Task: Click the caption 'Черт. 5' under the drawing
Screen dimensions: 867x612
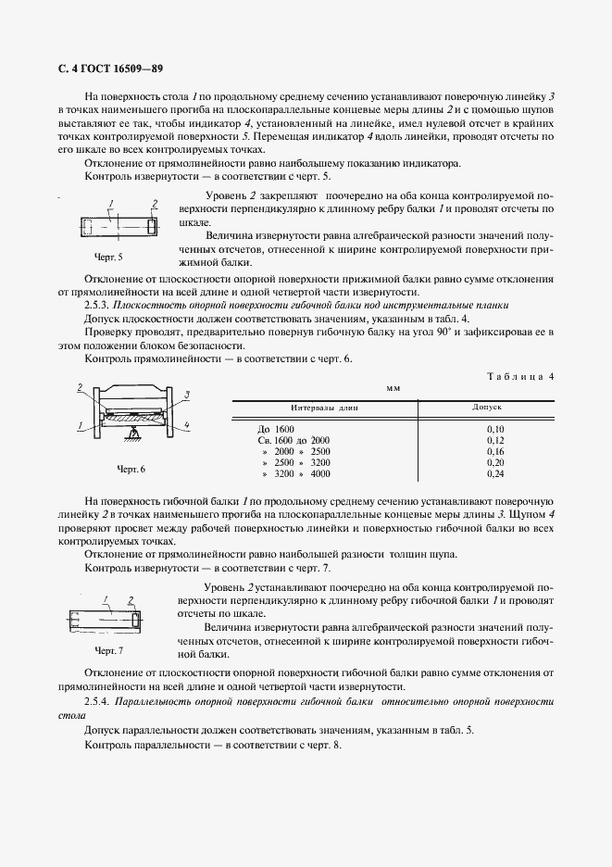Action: pyautogui.click(x=108, y=256)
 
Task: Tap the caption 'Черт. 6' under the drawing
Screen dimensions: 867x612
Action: pyautogui.click(x=131, y=470)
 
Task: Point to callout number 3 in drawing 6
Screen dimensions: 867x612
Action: pyautogui.click(x=187, y=394)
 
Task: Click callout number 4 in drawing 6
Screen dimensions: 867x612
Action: pyautogui.click(x=188, y=425)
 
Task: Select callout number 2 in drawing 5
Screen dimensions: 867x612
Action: pyautogui.click(x=154, y=203)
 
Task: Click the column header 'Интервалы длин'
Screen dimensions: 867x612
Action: pyautogui.click(x=323, y=407)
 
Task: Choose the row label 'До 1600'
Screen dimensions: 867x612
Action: pyautogui.click(x=277, y=429)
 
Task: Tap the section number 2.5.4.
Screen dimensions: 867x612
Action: pyautogui.click(x=98, y=703)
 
